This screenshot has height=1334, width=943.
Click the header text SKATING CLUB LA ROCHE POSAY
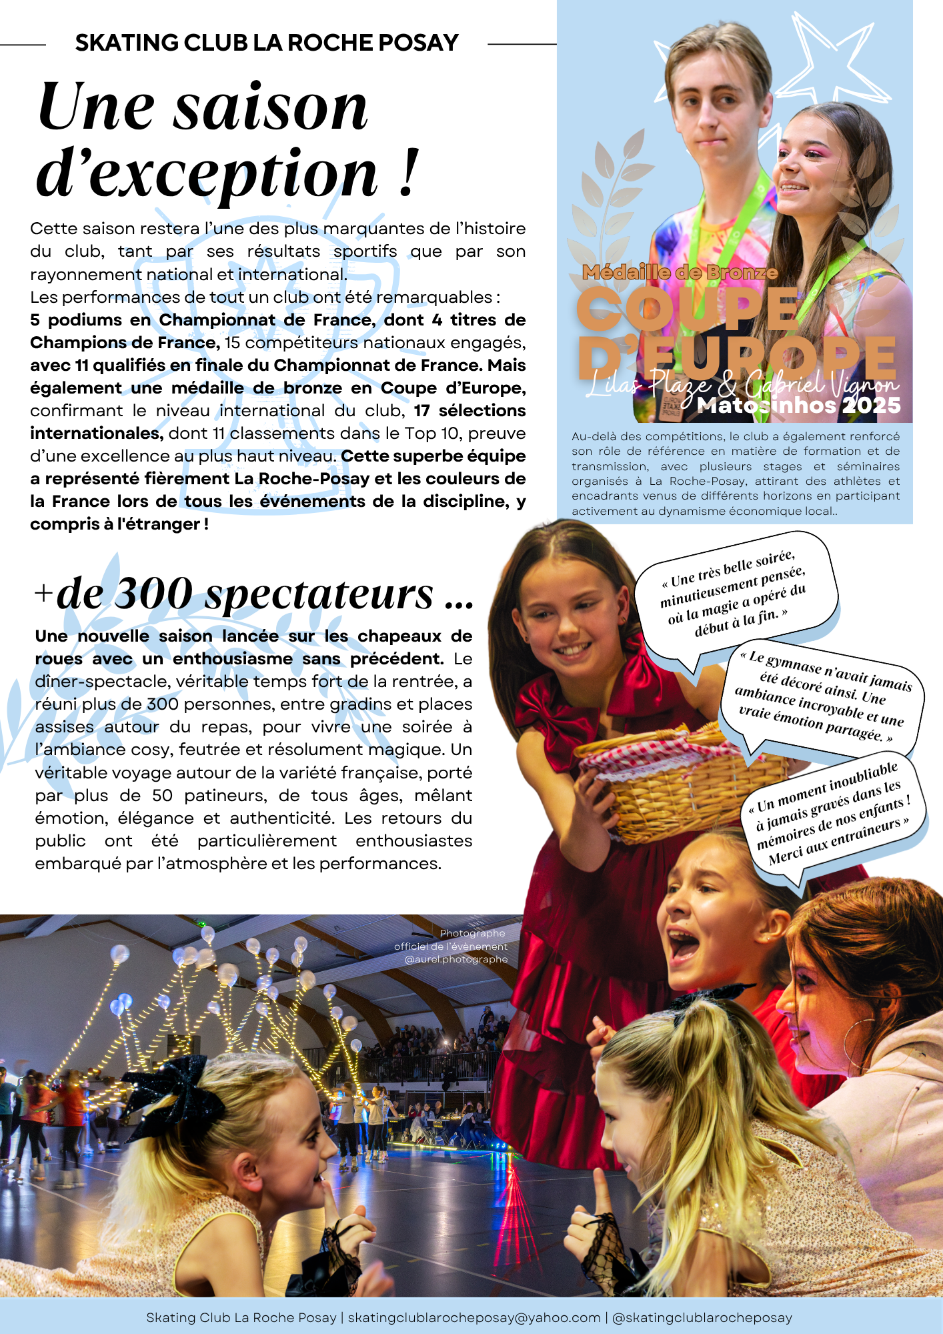pyautogui.click(x=267, y=43)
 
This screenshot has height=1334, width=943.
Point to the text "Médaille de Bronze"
pyautogui.click(x=680, y=272)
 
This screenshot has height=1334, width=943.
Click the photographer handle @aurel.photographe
pyautogui.click(x=456, y=959)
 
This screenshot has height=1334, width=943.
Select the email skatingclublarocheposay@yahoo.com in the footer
pyautogui.click(x=474, y=1317)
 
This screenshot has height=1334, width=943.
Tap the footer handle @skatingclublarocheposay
pyautogui.click(x=702, y=1317)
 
